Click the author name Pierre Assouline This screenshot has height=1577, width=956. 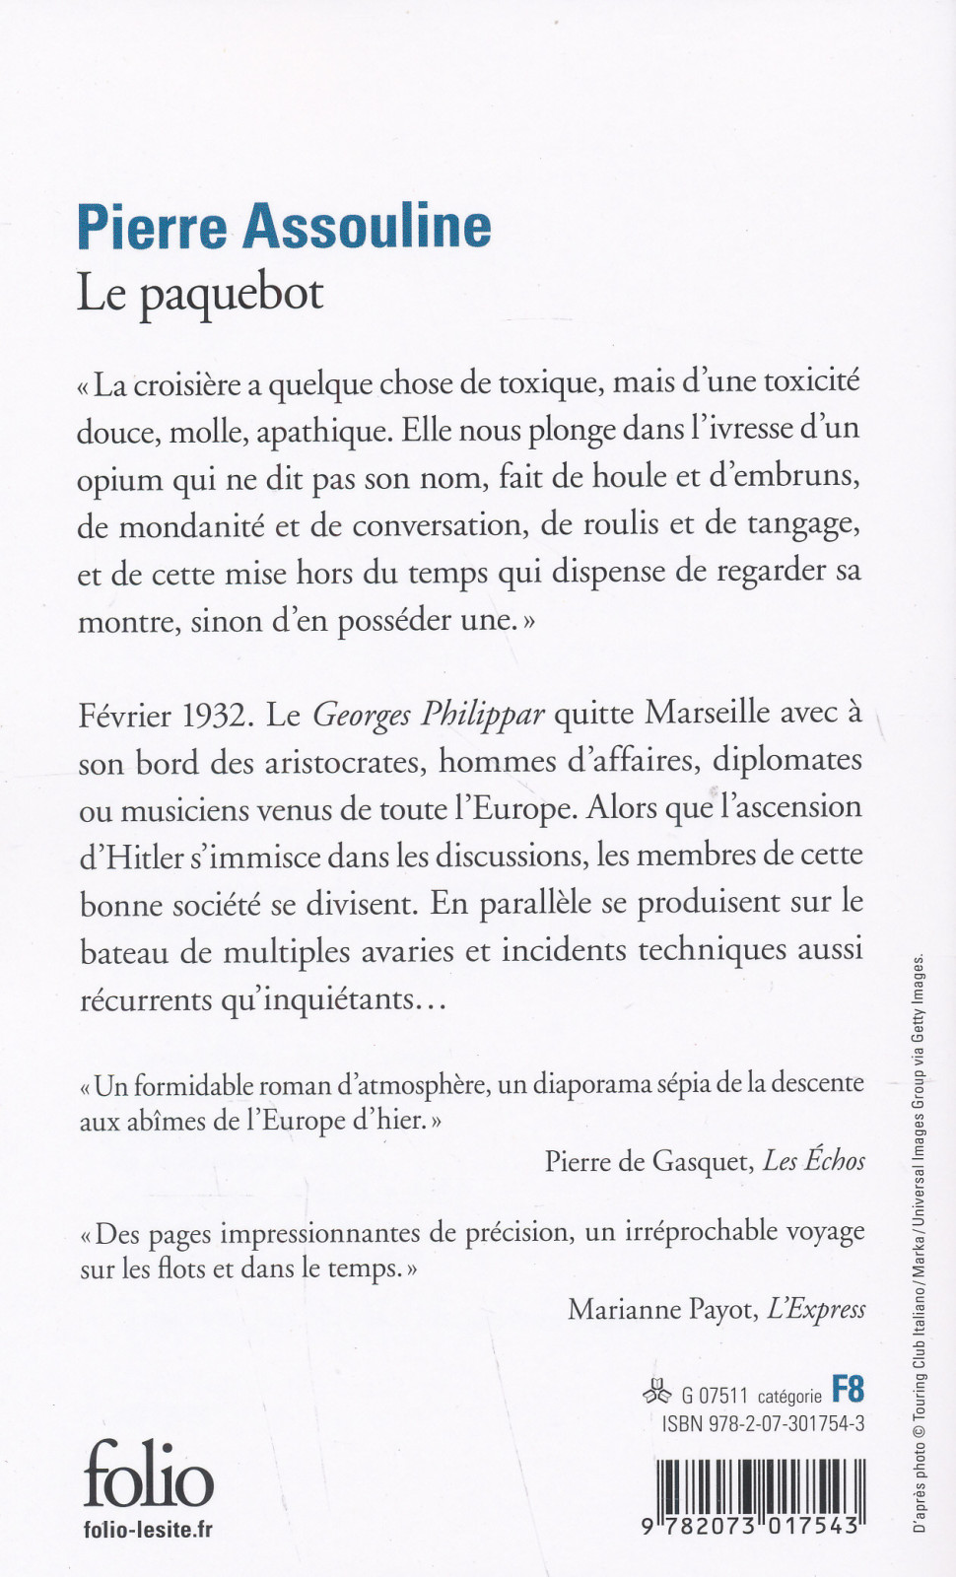[284, 226]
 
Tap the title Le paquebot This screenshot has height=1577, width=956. [200, 294]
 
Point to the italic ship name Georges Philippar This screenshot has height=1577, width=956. [428, 715]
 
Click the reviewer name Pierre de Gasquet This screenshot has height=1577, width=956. [648, 1162]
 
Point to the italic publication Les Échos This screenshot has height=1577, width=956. [814, 1162]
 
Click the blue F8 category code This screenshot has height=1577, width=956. [848, 1390]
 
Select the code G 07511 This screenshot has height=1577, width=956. [715, 1396]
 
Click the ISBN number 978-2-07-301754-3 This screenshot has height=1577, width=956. [764, 1424]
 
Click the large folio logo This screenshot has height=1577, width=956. [148, 1473]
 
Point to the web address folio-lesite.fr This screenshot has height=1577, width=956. [149, 1530]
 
